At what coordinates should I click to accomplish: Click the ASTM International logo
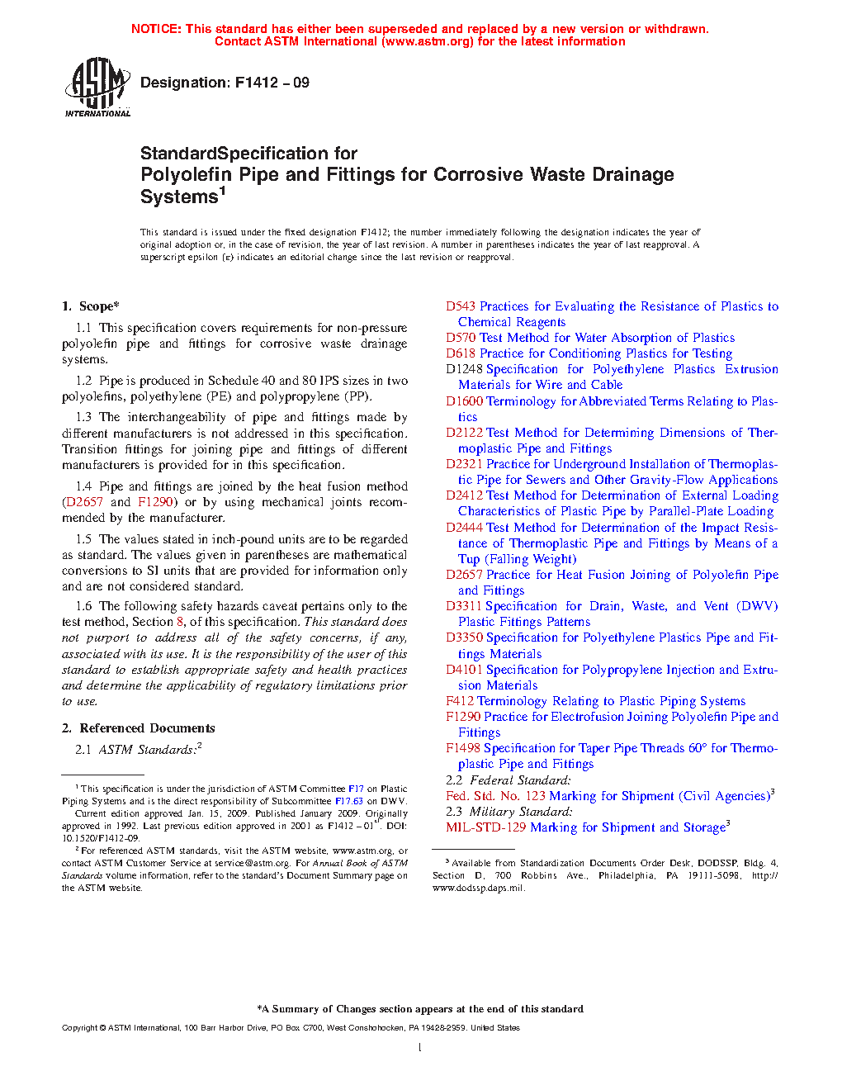click(97, 87)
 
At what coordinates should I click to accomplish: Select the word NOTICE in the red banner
click(156, 29)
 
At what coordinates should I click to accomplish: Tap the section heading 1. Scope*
click(91, 306)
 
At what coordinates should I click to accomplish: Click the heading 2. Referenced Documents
click(139, 728)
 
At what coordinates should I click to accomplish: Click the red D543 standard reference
click(461, 306)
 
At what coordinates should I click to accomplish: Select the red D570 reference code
click(461, 338)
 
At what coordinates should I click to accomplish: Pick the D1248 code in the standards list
click(464, 369)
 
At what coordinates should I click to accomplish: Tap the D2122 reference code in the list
click(464, 433)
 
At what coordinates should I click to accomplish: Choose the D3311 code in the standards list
click(464, 606)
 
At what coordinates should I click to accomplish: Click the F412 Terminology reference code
click(460, 701)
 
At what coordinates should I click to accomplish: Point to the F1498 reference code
click(463, 748)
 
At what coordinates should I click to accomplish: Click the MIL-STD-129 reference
click(485, 827)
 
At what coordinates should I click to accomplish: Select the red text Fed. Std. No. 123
click(495, 796)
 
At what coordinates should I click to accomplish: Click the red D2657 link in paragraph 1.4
click(84, 502)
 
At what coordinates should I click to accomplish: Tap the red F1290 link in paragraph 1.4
click(155, 502)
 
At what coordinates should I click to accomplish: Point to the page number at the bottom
click(420, 1048)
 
